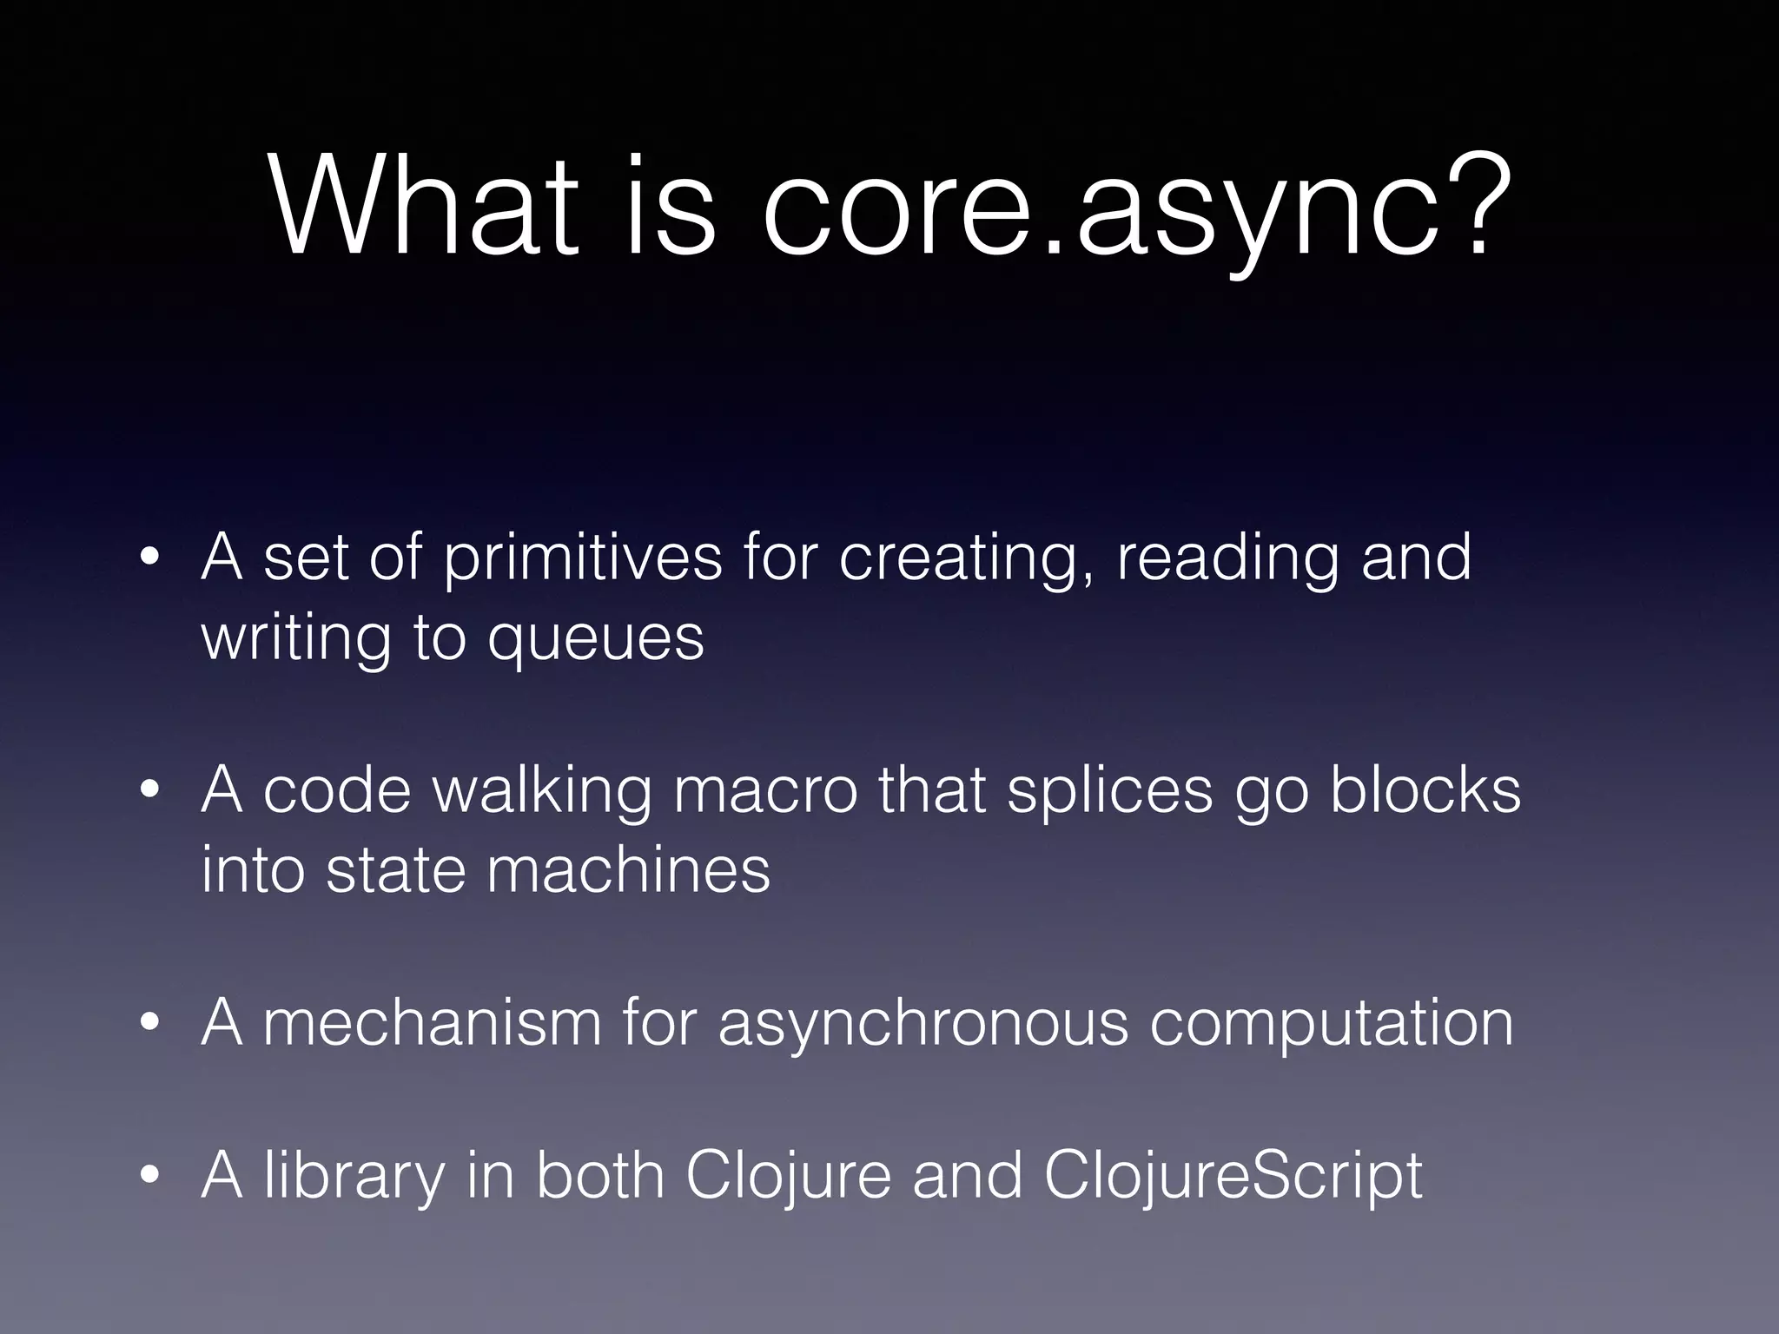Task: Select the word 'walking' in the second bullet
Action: [x=540, y=792]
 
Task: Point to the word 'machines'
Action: [x=628, y=870]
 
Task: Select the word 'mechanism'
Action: [x=432, y=1023]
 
